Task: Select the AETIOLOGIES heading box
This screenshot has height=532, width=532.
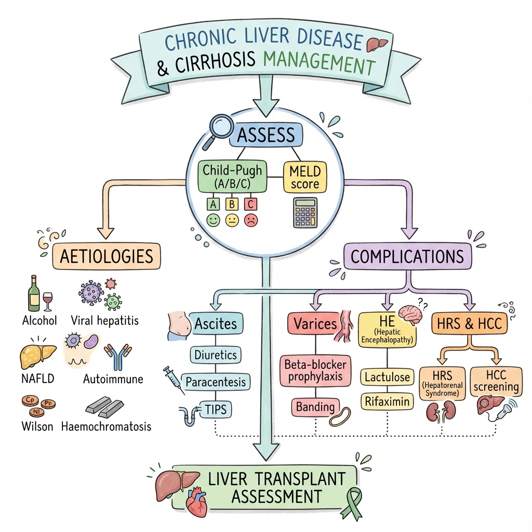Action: [107, 256]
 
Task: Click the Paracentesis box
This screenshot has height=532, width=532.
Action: [216, 382]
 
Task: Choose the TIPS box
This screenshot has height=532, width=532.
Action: [216, 409]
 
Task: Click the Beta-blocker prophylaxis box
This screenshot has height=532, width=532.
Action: [316, 370]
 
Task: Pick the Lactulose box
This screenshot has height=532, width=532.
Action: [386, 376]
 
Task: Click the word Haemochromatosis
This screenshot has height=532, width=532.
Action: [107, 427]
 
